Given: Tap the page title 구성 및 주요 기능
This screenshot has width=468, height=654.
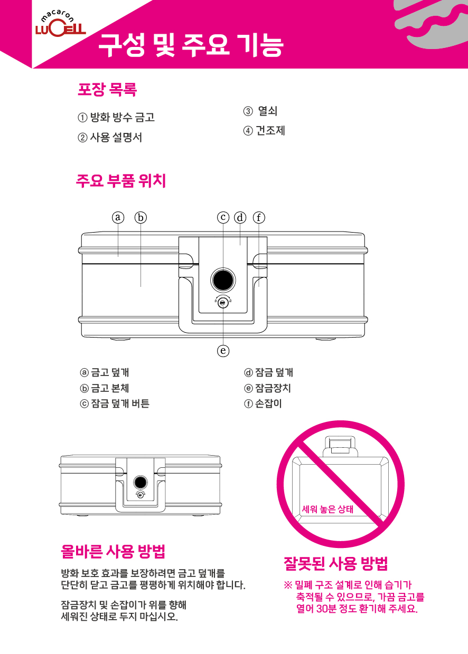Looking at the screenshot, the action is point(191,45).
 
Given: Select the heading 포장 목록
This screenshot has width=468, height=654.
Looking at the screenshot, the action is point(107,89).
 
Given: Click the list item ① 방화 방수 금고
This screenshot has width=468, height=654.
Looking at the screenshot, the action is point(116,118).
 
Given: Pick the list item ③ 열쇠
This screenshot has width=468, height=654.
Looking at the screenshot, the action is point(260,111).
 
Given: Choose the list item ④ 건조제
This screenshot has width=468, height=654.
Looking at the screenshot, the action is point(264,130).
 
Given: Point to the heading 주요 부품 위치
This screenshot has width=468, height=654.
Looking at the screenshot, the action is point(121,181).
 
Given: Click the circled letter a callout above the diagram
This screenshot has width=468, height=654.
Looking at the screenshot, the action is point(118,217).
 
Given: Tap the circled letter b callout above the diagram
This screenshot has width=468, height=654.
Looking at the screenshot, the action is point(141,217).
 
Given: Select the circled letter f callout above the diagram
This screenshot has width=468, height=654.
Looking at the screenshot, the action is point(259,217).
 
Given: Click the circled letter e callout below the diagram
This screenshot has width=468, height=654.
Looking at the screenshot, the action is point(223,350).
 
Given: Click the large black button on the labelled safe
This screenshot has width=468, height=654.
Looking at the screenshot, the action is point(223,280).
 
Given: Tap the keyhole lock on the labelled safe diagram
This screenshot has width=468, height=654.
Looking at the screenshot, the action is point(223,303).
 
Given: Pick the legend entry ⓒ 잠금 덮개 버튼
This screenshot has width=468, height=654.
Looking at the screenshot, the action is point(115,403).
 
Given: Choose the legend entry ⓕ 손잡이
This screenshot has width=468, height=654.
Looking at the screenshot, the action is point(263,403).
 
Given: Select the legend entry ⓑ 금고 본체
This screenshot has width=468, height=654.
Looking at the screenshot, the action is point(105,388).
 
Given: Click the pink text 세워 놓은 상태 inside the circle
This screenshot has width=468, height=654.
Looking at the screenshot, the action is point(327,509).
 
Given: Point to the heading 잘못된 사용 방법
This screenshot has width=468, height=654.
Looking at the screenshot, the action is point(335,563).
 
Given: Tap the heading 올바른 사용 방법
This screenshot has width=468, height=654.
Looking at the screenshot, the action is point(113,552).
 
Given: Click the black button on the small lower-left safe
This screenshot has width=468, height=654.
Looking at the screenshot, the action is point(141,482).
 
